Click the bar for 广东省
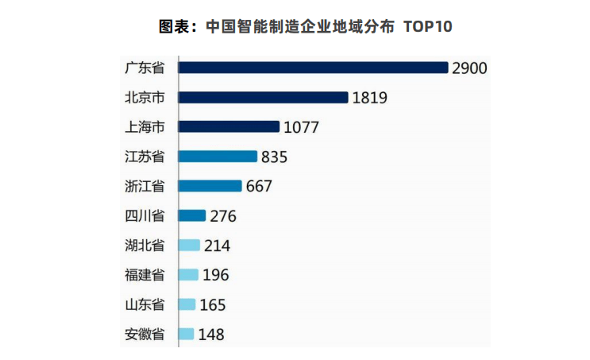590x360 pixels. [313, 68]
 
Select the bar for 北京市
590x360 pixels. [263, 97]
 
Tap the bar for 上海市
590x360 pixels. [229, 126]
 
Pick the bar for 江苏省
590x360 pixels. [218, 157]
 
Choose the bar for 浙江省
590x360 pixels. [210, 186]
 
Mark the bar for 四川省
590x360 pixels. [192, 215]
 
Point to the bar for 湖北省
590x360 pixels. [189, 245]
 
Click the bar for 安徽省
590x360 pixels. [187, 334]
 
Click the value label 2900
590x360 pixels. [469, 68]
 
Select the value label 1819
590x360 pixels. [369, 98]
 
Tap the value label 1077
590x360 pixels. [301, 127]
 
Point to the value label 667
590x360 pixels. [259, 187]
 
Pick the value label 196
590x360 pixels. [216, 275]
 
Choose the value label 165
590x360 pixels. [213, 305]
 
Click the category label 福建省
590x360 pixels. [145, 275]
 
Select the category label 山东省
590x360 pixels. [145, 304]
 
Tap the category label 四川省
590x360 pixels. [145, 215]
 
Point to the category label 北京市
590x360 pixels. [145, 97]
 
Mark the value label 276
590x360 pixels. [223, 216]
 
